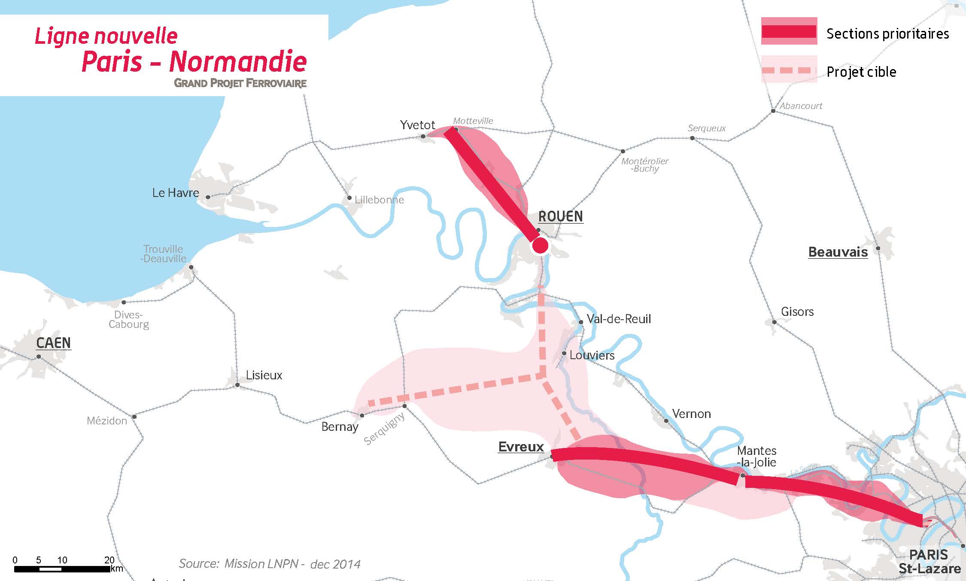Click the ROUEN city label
coord(560,216)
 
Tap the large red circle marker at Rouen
coord(540,246)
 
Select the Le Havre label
coord(176,193)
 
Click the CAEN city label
coord(53,343)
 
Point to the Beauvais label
coord(838,252)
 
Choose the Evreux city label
coord(521,447)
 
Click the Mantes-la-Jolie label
coord(756,456)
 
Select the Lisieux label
coord(264,375)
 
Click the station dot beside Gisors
coord(774,322)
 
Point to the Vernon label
coord(691,414)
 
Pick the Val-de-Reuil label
coord(619,319)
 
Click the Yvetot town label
coord(417,125)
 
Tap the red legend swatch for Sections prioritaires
coord(789,31)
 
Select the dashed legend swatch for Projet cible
coord(789,70)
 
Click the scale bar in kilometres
coord(62,569)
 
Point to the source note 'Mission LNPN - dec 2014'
coord(269,563)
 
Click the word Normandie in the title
coord(237,61)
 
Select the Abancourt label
coord(801,106)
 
